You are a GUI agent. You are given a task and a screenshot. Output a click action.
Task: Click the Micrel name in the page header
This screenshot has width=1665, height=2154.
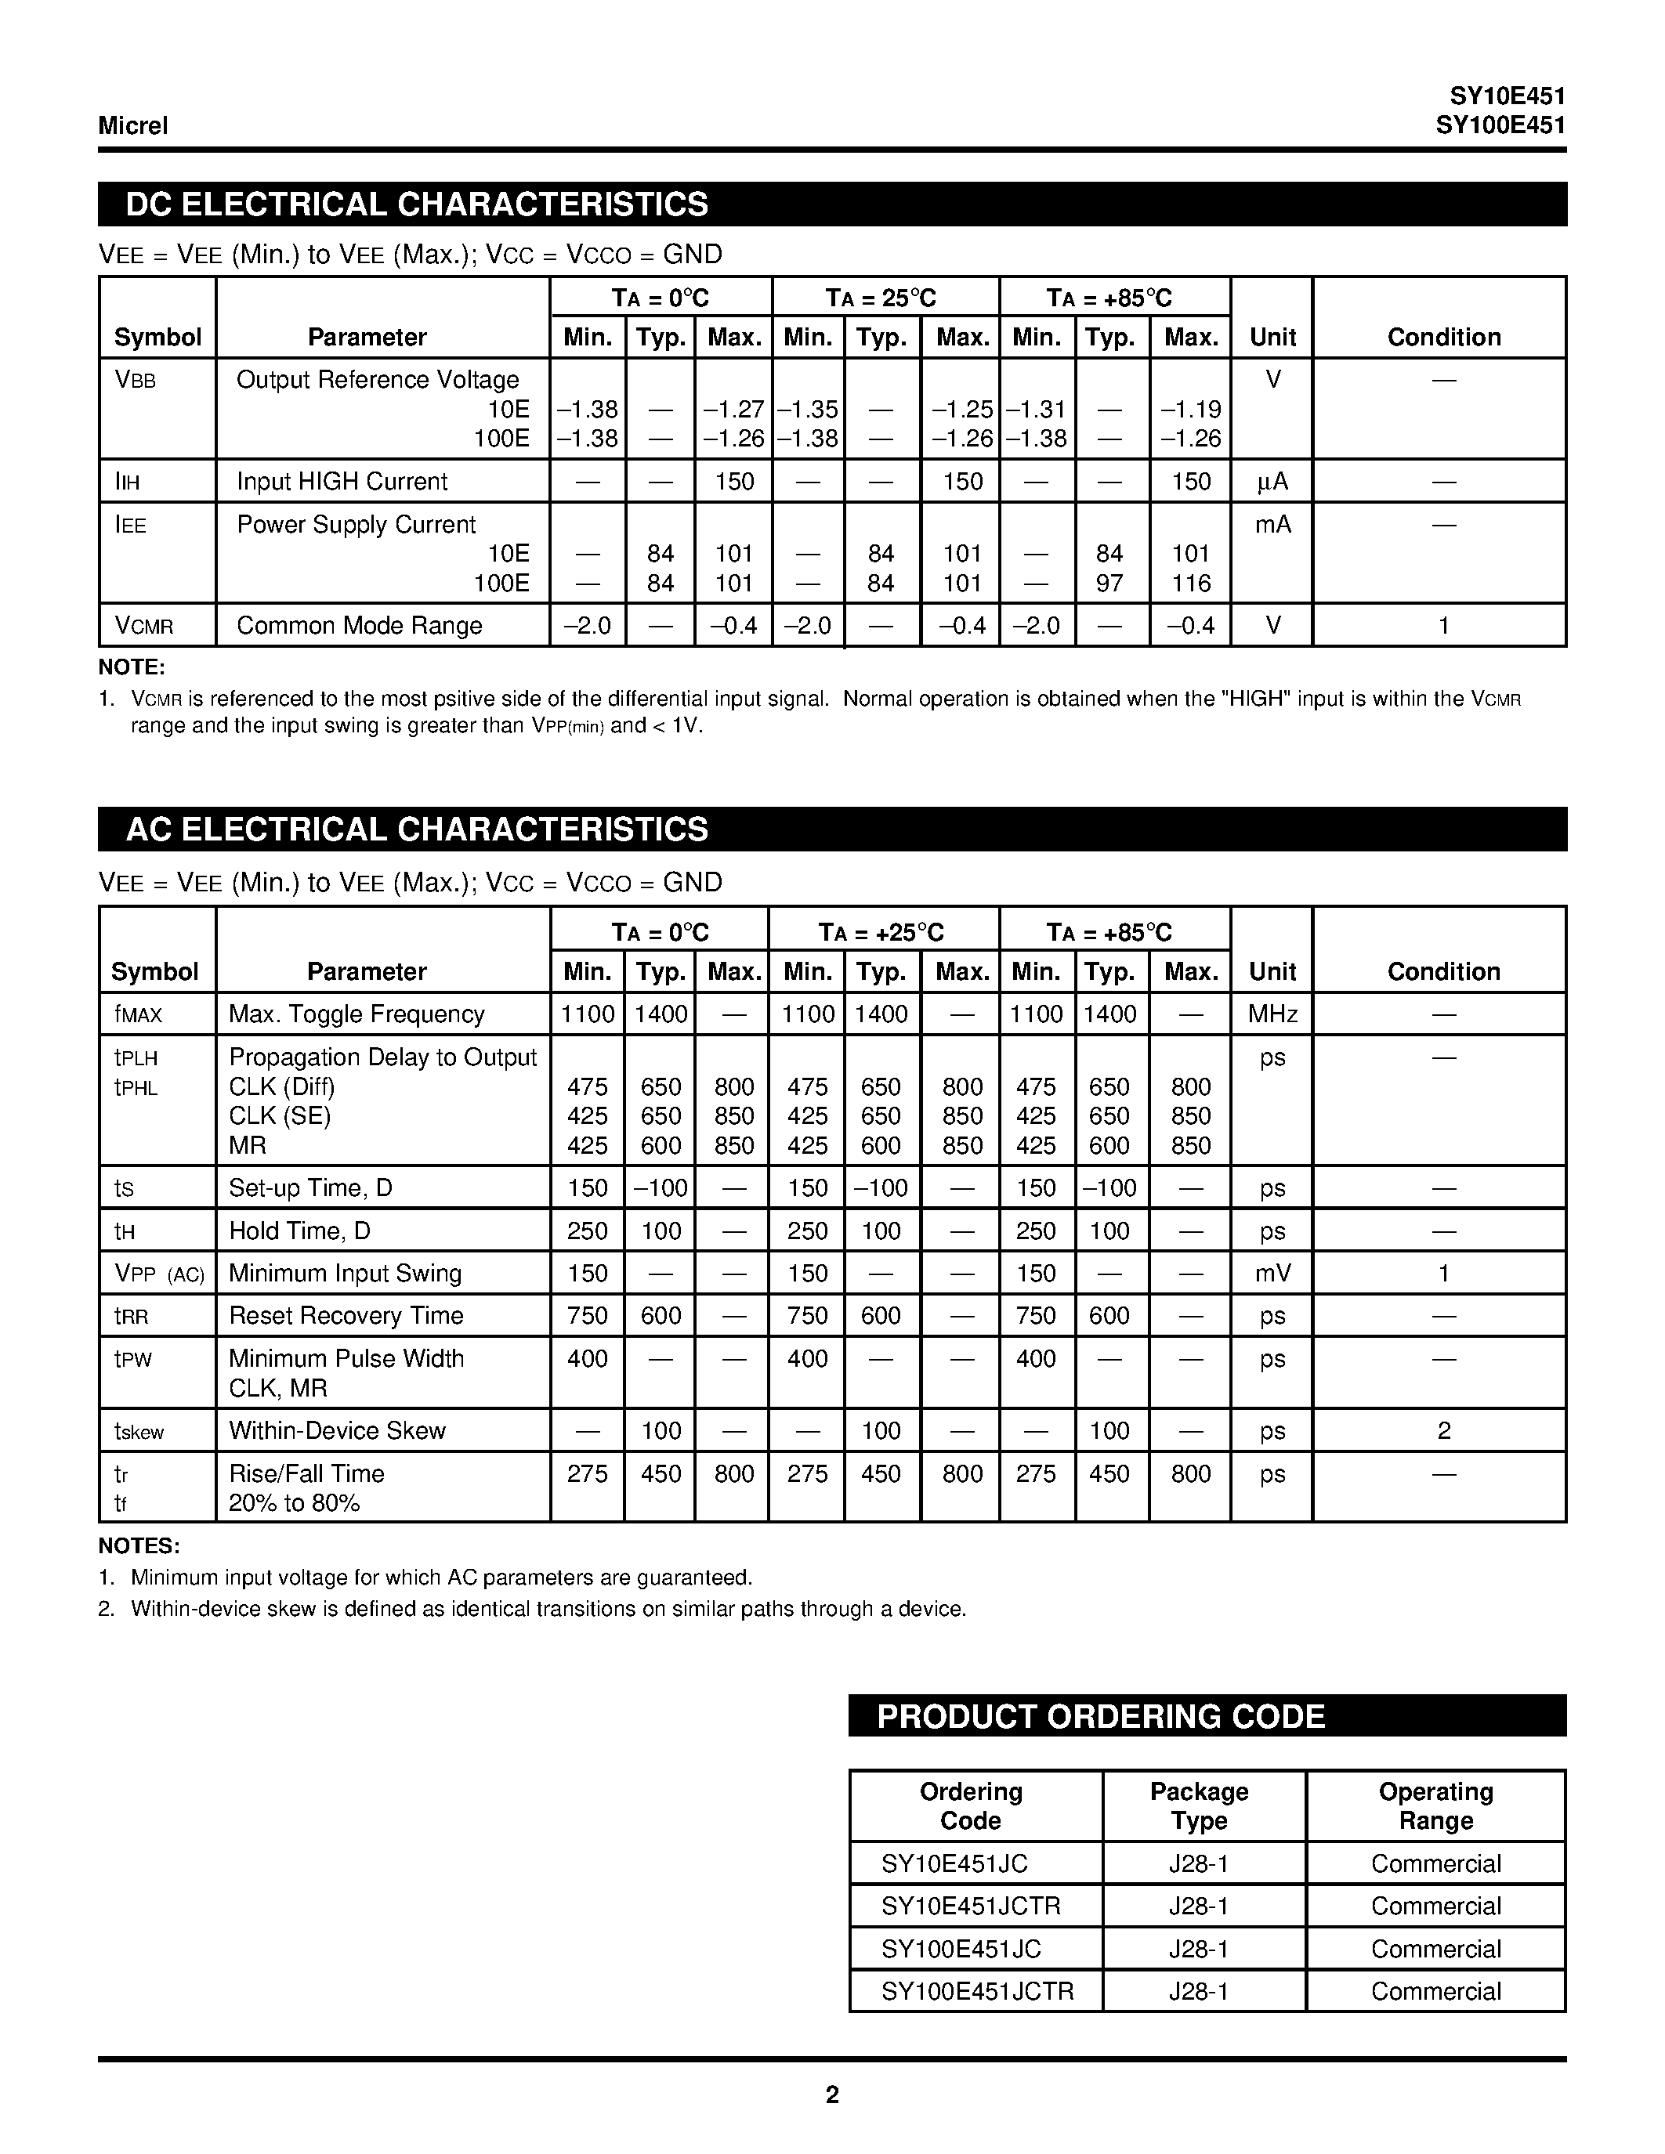point(132,125)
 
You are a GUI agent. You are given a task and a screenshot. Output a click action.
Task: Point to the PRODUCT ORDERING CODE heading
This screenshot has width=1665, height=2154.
point(1100,1716)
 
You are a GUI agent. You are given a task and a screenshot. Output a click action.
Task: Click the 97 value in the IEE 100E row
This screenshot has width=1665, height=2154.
point(1109,583)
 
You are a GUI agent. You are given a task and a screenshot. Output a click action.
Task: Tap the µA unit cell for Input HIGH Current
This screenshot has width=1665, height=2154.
point(1272,481)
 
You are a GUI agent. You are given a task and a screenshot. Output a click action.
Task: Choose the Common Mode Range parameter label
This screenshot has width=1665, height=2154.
point(359,625)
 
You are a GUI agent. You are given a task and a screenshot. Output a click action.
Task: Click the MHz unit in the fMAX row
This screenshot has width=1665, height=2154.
point(1272,1014)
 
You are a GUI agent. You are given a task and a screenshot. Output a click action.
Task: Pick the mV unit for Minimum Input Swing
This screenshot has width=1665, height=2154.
point(1272,1274)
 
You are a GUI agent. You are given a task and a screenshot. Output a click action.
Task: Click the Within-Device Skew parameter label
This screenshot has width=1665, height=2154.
point(338,1430)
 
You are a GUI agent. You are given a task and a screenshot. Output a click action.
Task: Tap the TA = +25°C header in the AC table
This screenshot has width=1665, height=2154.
point(881,932)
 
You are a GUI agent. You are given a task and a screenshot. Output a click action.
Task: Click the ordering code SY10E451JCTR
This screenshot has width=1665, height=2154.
point(971,1906)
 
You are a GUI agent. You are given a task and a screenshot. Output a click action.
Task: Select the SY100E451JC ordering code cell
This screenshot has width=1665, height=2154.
point(961,1949)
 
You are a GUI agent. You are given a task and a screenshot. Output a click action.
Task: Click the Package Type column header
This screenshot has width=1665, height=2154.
point(1199,1806)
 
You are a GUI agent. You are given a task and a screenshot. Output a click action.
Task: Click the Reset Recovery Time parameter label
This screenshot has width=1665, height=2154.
point(346,1316)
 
